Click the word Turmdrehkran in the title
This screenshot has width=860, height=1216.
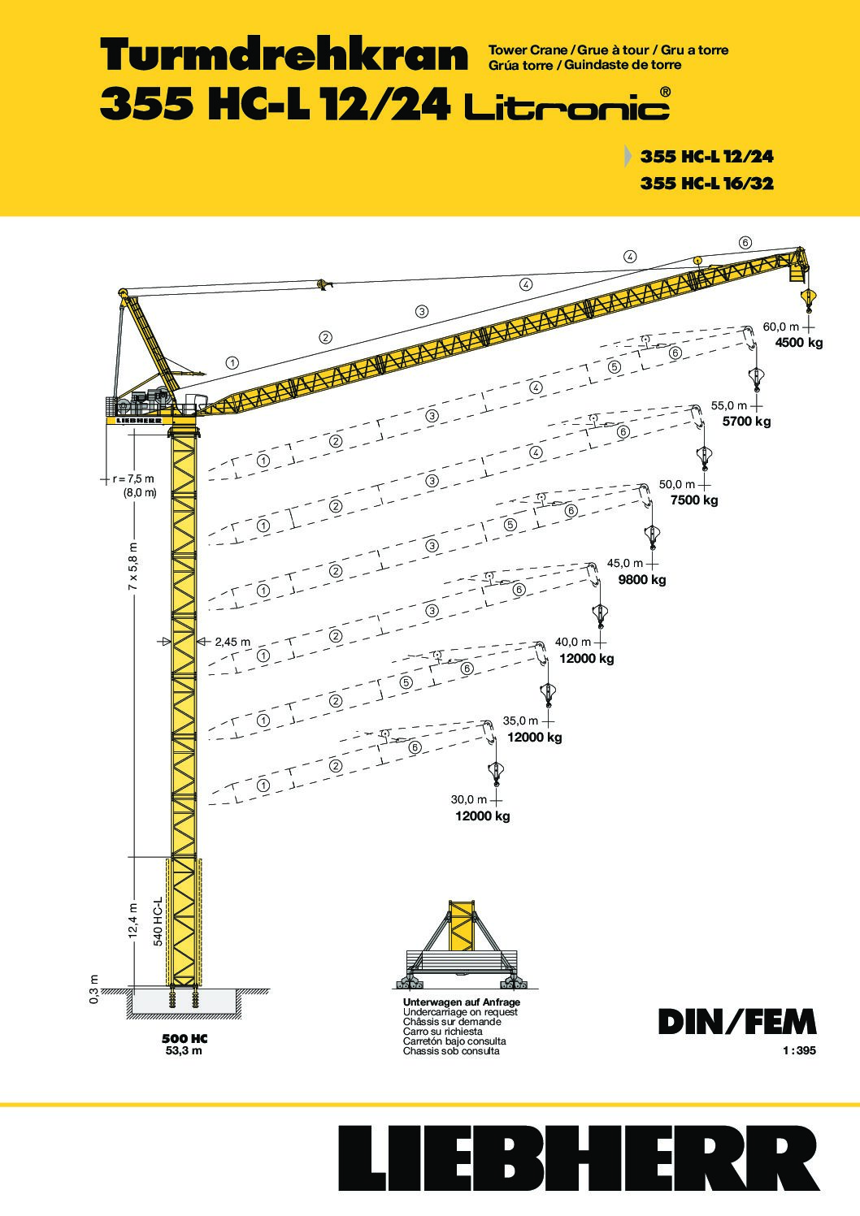284,56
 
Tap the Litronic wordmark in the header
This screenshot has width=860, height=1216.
567,105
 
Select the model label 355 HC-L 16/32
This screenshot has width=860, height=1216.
707,183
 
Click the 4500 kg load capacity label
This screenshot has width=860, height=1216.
798,343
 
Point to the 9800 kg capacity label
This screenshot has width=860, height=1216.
642,579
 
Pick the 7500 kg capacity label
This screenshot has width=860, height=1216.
694,500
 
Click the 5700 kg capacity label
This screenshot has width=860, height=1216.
746,422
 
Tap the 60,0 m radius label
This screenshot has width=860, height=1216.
780,327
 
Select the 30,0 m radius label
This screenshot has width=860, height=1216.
469,799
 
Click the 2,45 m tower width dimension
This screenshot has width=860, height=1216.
232,642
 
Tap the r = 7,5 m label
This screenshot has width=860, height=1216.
133,478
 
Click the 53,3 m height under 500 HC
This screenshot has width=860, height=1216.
184,1050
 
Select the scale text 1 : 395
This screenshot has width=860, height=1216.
799,1050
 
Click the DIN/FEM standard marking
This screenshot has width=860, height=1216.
736,1022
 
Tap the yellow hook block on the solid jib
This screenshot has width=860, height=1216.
808,300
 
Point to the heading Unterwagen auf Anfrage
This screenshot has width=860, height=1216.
461,1002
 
